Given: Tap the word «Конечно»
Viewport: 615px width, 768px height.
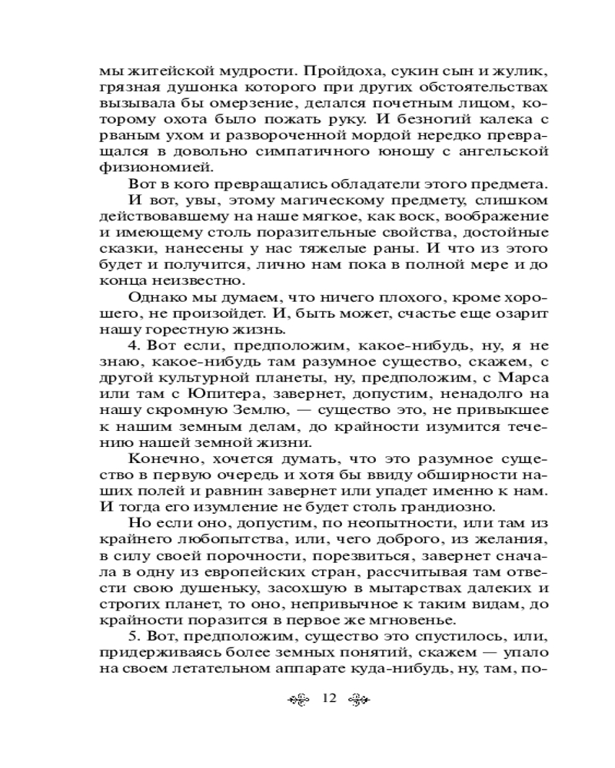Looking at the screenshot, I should [x=161, y=459].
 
